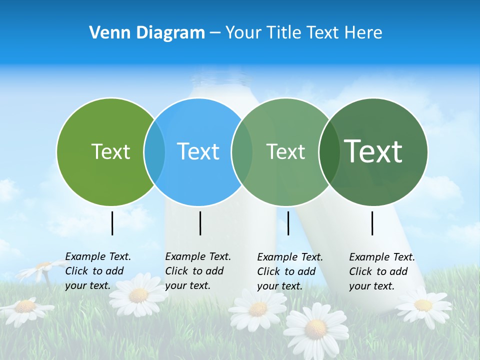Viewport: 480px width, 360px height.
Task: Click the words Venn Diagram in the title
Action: (147, 33)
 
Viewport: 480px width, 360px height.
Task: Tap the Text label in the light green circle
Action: (110, 151)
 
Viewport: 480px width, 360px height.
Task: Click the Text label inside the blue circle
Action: (198, 151)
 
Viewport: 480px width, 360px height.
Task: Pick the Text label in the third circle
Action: (285, 152)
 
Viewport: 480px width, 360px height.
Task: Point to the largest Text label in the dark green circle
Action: (373, 151)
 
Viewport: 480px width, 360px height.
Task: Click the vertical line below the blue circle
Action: (200, 223)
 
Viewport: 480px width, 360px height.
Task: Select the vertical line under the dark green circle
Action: (372, 223)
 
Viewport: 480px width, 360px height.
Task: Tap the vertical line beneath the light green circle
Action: (112, 223)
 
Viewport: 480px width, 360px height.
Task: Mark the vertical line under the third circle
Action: (288, 223)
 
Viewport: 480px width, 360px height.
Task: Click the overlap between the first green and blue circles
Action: (154, 152)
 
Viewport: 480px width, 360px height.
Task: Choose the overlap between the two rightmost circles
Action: (328, 152)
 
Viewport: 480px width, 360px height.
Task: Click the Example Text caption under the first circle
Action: (98, 271)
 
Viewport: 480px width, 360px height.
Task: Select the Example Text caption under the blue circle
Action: (198, 271)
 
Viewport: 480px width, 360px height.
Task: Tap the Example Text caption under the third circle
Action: (290, 271)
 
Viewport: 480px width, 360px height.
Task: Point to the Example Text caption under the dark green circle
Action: (382, 271)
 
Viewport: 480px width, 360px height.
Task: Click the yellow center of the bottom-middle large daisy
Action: (315, 328)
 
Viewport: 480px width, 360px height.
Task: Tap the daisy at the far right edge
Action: (423, 304)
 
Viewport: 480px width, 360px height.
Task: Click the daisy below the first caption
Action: (138, 295)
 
